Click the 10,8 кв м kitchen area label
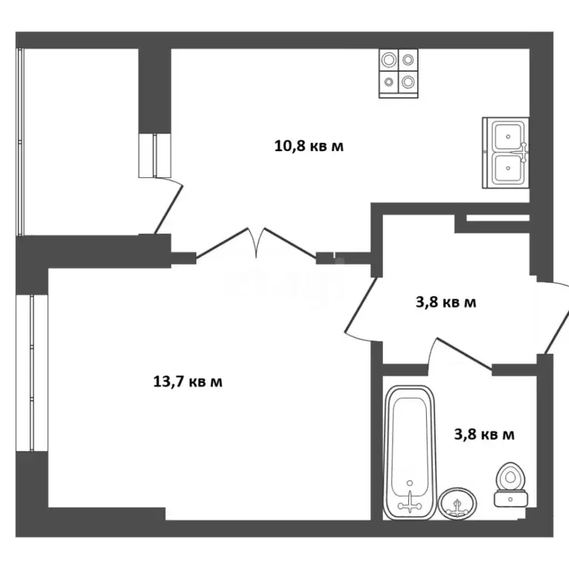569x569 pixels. (x=309, y=146)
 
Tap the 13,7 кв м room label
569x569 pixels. (x=187, y=382)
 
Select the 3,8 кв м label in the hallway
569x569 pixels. (x=443, y=302)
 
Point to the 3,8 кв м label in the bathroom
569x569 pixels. (x=484, y=434)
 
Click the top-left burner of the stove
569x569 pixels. (x=388, y=59)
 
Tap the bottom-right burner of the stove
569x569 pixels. (x=408, y=82)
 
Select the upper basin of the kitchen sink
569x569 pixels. (x=507, y=136)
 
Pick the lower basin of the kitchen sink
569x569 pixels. (x=507, y=170)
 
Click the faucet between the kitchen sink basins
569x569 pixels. (x=523, y=152)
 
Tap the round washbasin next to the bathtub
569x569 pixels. (x=456, y=505)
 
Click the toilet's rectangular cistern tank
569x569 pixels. (x=510, y=499)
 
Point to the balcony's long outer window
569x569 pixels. (x=21, y=141)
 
